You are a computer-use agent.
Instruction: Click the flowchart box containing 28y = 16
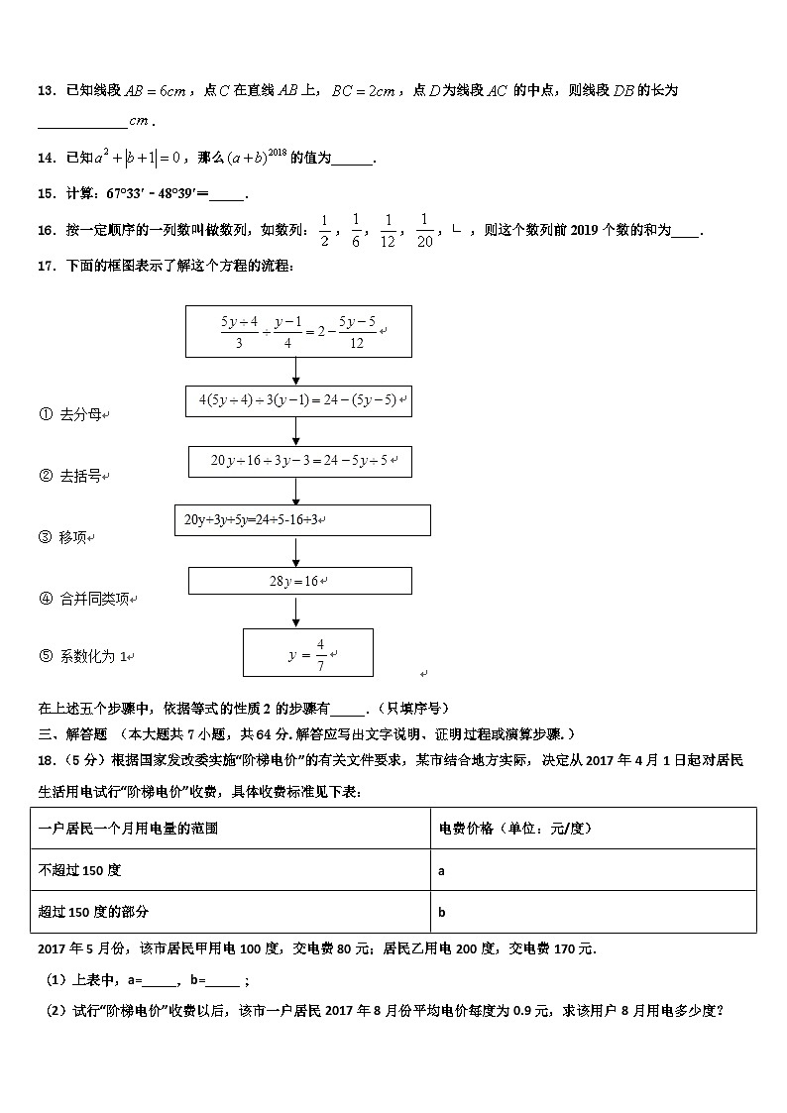(299, 581)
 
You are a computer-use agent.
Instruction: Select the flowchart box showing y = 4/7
(307, 653)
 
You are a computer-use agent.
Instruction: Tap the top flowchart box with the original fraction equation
(298, 331)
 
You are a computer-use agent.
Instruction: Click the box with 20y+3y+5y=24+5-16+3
(301, 519)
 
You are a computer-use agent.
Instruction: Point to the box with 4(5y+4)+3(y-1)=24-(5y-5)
(298, 400)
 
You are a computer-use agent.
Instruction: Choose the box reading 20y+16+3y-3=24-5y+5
(299, 461)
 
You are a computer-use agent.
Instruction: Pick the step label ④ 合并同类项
(87, 599)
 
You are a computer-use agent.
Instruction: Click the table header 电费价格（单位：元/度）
(521, 829)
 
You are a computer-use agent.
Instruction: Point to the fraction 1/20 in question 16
(424, 230)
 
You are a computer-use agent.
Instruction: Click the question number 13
(46, 91)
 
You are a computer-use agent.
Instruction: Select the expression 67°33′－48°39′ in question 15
(156, 193)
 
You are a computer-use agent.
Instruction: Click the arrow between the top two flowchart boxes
(296, 371)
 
